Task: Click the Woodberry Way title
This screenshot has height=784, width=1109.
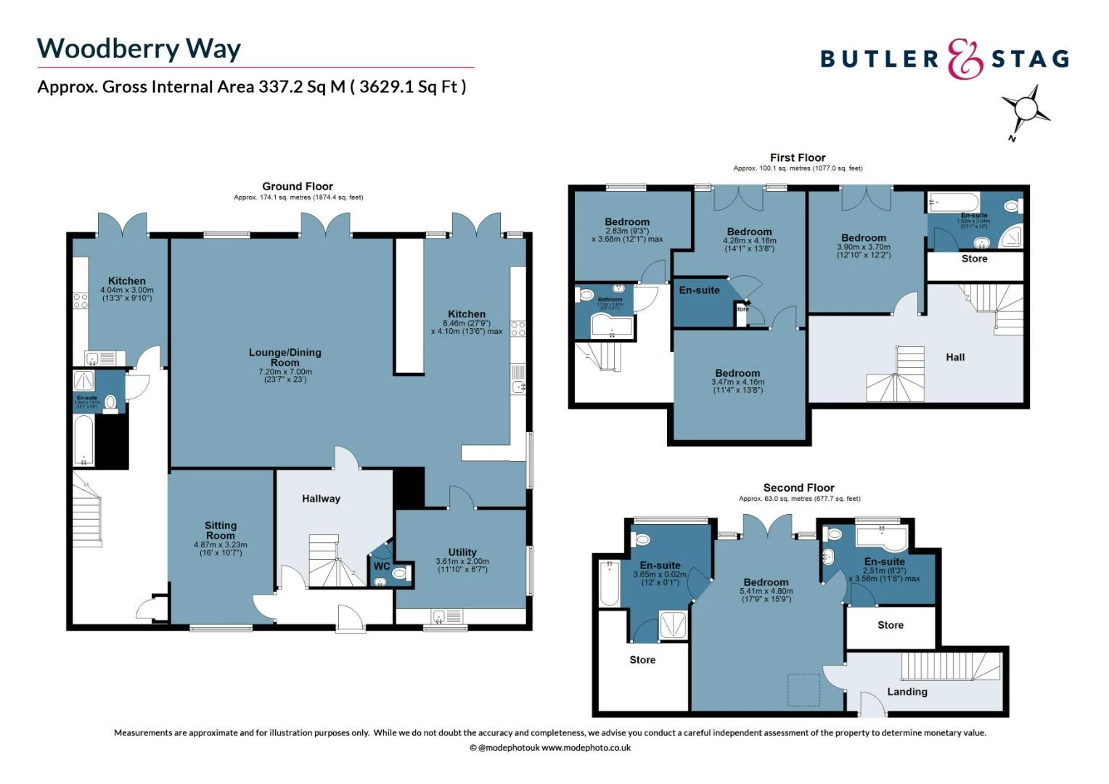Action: pyautogui.click(x=139, y=49)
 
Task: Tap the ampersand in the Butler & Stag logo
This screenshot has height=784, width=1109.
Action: pyautogui.click(x=965, y=60)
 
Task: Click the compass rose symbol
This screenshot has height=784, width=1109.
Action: pyautogui.click(x=1026, y=110)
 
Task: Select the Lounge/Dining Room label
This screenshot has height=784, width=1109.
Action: pyautogui.click(x=285, y=357)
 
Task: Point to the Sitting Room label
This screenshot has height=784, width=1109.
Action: pyautogui.click(x=221, y=530)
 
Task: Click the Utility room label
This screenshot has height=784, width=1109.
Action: pyautogui.click(x=462, y=552)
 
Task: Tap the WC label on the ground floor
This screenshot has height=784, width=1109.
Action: pyautogui.click(x=382, y=566)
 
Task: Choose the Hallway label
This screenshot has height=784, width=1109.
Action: pyautogui.click(x=321, y=499)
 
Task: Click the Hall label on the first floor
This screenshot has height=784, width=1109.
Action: pyautogui.click(x=955, y=357)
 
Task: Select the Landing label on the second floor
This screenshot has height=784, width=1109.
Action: pyautogui.click(x=907, y=692)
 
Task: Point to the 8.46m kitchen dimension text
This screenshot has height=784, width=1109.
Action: pyautogui.click(x=467, y=327)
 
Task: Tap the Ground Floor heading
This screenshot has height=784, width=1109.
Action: pyautogui.click(x=298, y=187)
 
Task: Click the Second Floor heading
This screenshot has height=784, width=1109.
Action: pyautogui.click(x=798, y=488)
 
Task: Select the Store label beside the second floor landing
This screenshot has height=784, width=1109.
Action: pyautogui.click(x=891, y=625)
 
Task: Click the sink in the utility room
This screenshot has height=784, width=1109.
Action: pyautogui.click(x=439, y=617)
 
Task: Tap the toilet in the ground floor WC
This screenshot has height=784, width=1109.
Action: pyautogui.click(x=398, y=574)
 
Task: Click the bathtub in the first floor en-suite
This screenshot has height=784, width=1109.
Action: pyautogui.click(x=953, y=202)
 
